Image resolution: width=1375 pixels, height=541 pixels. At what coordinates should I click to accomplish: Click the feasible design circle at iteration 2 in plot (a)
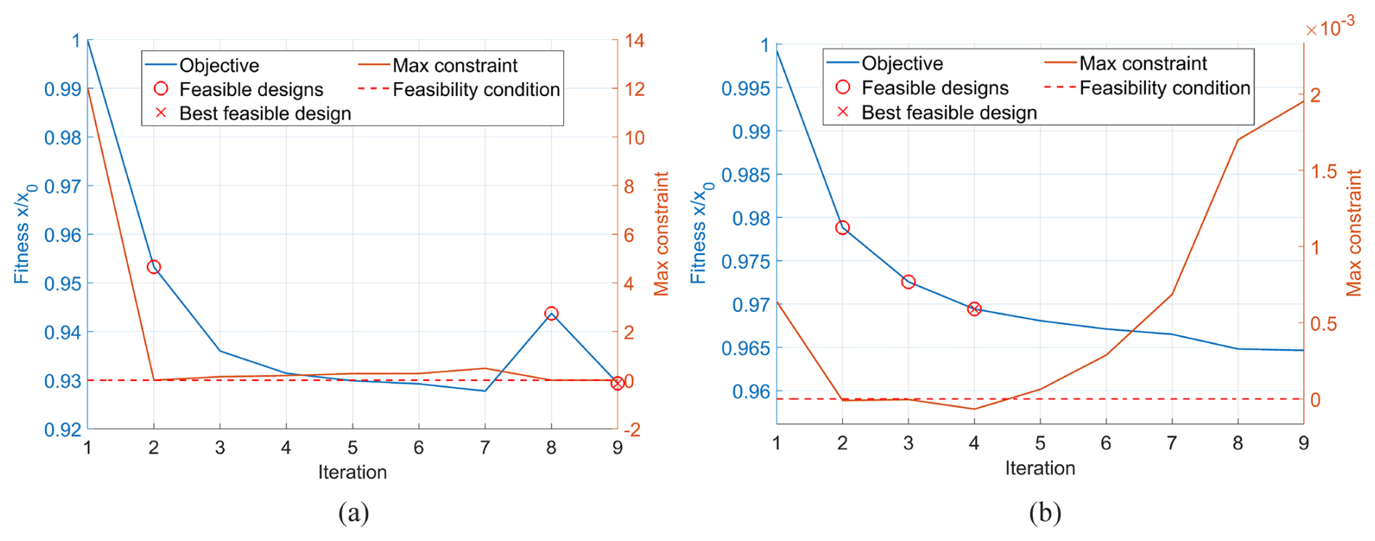click(x=153, y=268)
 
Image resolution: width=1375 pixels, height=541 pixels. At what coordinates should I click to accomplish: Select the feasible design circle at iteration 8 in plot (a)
click(x=551, y=313)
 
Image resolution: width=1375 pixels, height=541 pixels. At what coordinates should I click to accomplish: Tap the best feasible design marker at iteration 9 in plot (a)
click(x=617, y=383)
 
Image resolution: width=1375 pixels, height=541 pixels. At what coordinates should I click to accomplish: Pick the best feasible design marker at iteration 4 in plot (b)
click(x=974, y=309)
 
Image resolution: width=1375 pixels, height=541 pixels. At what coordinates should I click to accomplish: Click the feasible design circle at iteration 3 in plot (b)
click(x=908, y=281)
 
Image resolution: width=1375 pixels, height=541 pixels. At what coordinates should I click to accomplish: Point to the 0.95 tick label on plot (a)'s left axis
click(x=62, y=284)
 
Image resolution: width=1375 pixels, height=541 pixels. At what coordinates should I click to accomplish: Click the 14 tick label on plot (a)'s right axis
click(x=634, y=41)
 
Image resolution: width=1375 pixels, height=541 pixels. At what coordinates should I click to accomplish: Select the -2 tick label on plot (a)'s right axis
click(x=631, y=430)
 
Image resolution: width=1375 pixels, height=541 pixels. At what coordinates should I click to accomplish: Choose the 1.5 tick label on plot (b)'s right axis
click(x=1323, y=172)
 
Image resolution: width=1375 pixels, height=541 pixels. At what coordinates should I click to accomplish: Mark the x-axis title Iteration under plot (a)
click(x=352, y=473)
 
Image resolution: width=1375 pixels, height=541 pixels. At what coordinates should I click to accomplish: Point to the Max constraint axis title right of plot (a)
click(x=661, y=234)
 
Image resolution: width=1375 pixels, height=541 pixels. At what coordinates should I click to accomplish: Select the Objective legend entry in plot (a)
click(x=219, y=65)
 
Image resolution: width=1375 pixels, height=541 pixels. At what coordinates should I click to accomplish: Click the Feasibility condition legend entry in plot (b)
click(x=1164, y=88)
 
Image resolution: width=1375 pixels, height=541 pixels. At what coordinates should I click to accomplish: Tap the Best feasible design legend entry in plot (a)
click(x=265, y=113)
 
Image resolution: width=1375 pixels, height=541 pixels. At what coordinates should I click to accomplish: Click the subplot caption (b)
click(x=1044, y=513)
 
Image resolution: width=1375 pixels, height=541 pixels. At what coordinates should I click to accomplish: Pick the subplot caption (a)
click(x=353, y=513)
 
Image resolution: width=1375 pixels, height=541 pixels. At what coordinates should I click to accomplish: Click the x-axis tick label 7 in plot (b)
click(x=1172, y=443)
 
